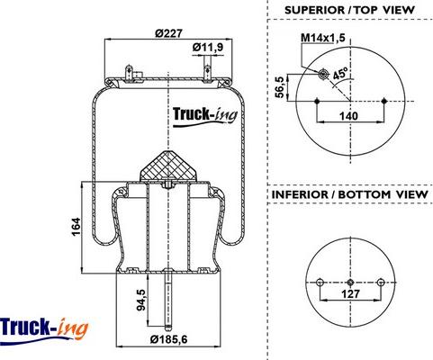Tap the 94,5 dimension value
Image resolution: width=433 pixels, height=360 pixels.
[140, 299]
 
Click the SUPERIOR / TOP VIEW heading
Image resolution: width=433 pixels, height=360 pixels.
[349, 9]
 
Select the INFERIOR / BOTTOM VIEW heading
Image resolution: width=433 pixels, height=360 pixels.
[349, 193]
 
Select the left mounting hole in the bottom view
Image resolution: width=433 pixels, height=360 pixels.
[319, 283]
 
